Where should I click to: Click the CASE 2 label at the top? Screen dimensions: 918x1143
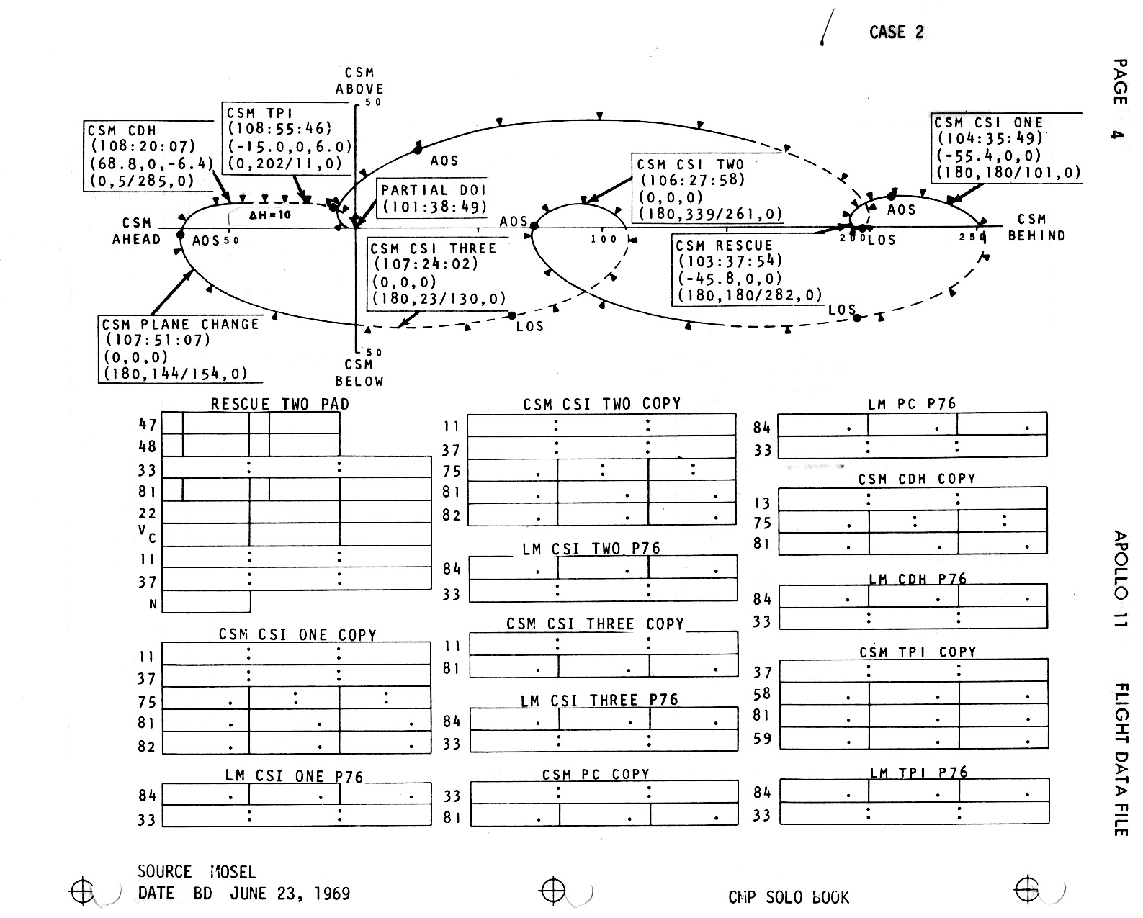896,32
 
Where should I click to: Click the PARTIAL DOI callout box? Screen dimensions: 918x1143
433,198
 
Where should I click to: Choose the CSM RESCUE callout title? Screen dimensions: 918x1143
724,246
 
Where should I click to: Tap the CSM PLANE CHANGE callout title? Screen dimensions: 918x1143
180,325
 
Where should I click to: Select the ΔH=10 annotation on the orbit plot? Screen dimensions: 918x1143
270,215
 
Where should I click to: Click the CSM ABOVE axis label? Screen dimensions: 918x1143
359,81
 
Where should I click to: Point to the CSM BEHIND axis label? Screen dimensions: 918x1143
1036,227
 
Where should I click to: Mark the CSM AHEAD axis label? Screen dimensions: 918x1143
136,231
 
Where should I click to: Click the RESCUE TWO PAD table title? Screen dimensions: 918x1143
279,404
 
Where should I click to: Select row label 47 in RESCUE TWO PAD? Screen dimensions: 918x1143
147,425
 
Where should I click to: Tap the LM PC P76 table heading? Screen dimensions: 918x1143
912,404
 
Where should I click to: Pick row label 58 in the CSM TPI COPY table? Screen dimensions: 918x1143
762,694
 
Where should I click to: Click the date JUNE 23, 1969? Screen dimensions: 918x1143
290,894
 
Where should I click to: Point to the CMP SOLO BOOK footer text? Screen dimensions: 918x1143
789,898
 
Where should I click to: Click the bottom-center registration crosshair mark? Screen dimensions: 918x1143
552,891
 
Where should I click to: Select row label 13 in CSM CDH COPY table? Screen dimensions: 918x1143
762,503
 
